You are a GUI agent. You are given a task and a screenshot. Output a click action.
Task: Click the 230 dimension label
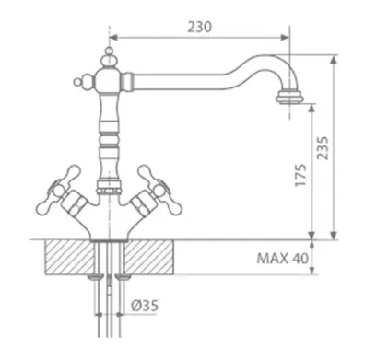[200, 27]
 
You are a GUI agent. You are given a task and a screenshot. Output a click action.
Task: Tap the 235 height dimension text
[323, 148]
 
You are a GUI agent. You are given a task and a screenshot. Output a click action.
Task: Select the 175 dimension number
[300, 175]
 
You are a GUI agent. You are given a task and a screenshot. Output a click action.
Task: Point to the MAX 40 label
[282, 259]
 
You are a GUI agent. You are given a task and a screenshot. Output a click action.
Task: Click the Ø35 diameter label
[145, 306]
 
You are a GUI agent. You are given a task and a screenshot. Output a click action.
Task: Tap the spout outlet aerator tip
[289, 97]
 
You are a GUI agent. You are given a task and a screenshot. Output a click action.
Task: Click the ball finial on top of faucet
[109, 52]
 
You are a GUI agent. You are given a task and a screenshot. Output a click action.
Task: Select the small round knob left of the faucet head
[77, 82]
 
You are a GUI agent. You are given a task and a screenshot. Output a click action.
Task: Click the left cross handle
[58, 191]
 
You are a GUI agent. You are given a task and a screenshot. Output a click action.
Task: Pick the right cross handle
[159, 191]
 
